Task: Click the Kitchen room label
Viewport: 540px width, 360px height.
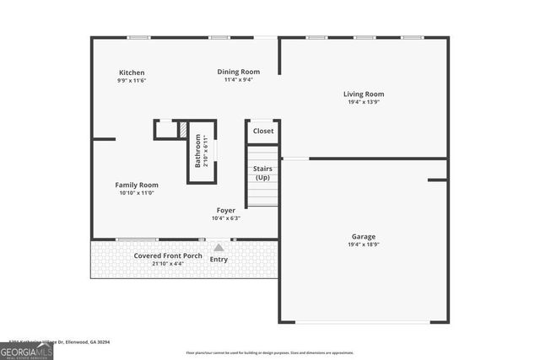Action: (132, 73)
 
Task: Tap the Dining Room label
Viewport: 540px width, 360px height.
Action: (238, 72)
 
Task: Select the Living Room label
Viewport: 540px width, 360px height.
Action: (364, 94)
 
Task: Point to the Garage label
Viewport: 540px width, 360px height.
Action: (364, 236)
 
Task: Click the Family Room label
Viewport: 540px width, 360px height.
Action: (137, 185)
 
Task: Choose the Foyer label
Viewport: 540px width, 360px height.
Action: (226, 210)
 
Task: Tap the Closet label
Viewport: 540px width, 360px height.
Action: (263, 131)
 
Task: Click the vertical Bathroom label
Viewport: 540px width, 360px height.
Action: (198, 151)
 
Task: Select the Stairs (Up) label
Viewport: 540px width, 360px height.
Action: (262, 173)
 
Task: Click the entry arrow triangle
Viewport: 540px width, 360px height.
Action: (219, 248)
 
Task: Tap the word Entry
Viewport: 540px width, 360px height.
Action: (219, 260)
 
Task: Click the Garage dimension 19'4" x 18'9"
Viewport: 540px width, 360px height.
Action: (364, 244)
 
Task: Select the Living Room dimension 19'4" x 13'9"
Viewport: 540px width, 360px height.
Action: (364, 102)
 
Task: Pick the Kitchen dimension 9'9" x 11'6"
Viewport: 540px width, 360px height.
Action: (132, 81)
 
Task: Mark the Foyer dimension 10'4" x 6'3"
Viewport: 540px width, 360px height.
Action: (226, 218)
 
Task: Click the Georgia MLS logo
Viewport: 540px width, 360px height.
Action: (27, 348)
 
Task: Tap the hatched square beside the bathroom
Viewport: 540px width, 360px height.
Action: (181, 129)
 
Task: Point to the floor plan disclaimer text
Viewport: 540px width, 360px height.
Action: (270, 352)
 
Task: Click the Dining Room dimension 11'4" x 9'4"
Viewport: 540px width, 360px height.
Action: (238, 80)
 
